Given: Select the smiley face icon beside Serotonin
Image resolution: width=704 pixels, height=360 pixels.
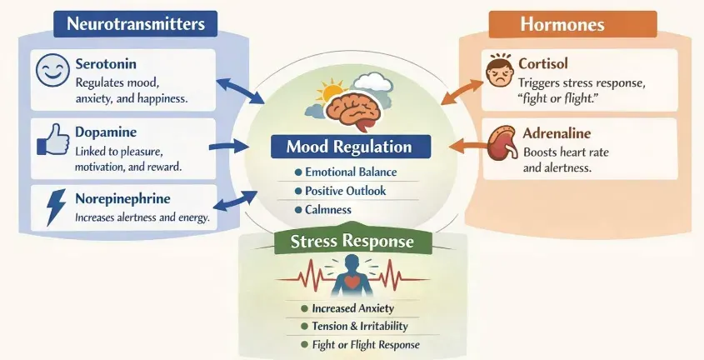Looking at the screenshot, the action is coord(52,71).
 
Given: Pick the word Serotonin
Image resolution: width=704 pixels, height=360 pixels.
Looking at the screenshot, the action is coord(105,64).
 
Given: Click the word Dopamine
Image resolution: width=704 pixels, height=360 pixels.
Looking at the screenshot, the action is coord(106,132).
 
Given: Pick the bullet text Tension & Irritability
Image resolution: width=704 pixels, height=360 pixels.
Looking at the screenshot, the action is coord(359,326).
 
